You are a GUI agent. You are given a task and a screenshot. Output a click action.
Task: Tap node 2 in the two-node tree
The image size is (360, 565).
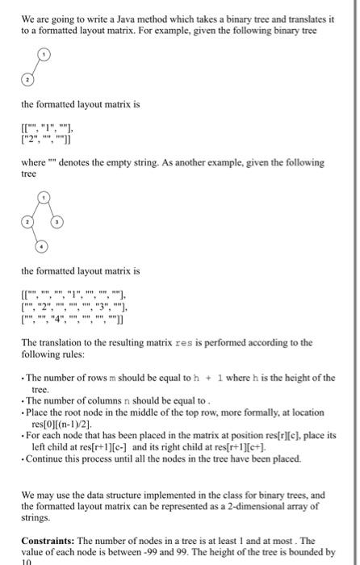pyautogui.click(x=27, y=81)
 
